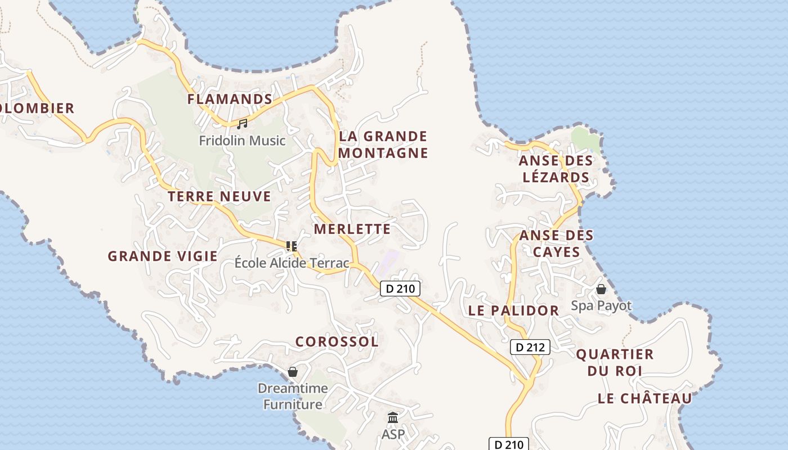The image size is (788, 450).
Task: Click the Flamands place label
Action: click(x=230, y=100)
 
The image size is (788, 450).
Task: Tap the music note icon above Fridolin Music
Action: click(x=242, y=124)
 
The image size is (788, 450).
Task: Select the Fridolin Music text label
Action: click(x=242, y=140)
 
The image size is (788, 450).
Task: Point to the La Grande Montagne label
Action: click(x=383, y=145)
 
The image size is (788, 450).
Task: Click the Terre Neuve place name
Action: click(x=220, y=197)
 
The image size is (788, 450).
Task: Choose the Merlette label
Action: click(x=352, y=229)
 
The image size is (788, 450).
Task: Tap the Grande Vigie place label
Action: click(x=163, y=256)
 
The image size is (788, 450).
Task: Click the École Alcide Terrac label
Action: click(x=292, y=263)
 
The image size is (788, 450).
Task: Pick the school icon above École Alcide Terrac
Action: click(x=292, y=246)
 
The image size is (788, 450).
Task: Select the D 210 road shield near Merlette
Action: click(x=400, y=289)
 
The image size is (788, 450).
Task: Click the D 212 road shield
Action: click(x=530, y=347)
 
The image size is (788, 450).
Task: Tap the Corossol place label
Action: click(x=337, y=342)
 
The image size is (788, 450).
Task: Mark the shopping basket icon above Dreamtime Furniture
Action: click(x=293, y=372)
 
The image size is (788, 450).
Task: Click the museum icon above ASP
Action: click(x=393, y=418)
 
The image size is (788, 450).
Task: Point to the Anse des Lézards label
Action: click(x=556, y=169)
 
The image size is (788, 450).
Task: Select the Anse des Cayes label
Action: click(x=556, y=243)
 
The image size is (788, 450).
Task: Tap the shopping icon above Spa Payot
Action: click(x=601, y=290)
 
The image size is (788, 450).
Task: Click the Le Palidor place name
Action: click(x=514, y=310)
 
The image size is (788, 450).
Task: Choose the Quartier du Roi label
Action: click(x=615, y=362)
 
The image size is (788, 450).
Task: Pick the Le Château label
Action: click(x=644, y=399)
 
